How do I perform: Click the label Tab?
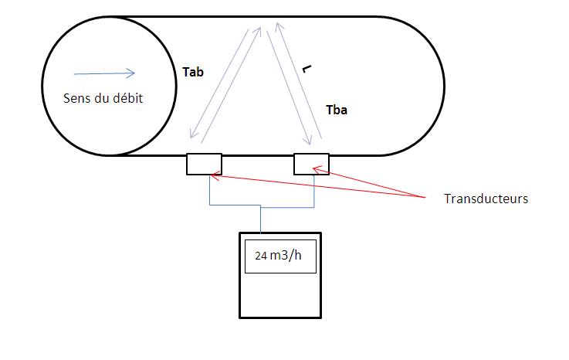pos(193,71)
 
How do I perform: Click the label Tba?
pos(337,110)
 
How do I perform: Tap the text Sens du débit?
pos(103,98)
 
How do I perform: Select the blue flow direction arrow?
pos(103,74)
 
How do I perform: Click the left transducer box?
pos(204,164)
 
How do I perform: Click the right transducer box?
pos(311,164)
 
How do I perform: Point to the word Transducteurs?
pos(486,199)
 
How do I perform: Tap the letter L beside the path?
pos(307,70)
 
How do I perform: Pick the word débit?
pos(127,98)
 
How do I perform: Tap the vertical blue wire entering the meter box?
pos(261,219)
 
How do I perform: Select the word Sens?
pos(76,98)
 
